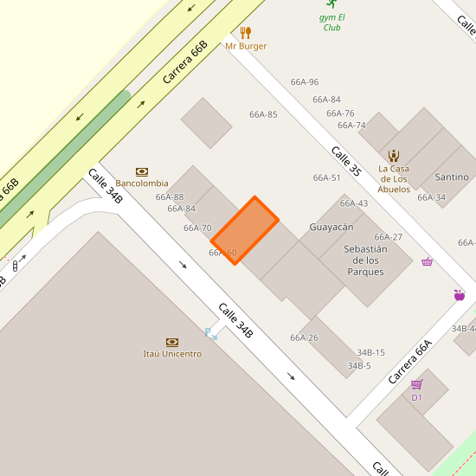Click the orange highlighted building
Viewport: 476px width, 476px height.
click(x=245, y=230)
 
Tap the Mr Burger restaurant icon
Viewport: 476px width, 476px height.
click(x=246, y=33)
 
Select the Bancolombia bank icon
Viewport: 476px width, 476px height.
click(x=142, y=171)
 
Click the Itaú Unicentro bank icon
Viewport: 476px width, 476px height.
click(x=172, y=343)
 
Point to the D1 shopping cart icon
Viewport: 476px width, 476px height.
click(x=416, y=384)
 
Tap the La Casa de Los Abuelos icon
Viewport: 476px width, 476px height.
click(x=394, y=156)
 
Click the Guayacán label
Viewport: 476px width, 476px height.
click(x=331, y=227)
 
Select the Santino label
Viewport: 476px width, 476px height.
click(x=452, y=177)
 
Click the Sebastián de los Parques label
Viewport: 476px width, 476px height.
click(x=364, y=260)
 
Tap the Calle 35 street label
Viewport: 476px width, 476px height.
click(x=345, y=161)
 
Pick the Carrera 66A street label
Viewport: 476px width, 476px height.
click(x=409, y=362)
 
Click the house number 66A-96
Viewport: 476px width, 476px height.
click(x=305, y=82)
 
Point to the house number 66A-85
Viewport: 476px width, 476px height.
click(x=263, y=114)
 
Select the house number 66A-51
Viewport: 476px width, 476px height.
click(x=326, y=177)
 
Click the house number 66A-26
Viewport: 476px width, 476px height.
click(x=304, y=338)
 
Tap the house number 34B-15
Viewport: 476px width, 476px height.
click(x=370, y=352)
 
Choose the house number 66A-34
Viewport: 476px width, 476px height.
click(x=431, y=197)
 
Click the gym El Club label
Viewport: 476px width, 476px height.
click(x=332, y=22)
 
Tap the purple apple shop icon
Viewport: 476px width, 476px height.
click(x=459, y=295)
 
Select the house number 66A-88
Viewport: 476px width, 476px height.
click(x=170, y=196)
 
